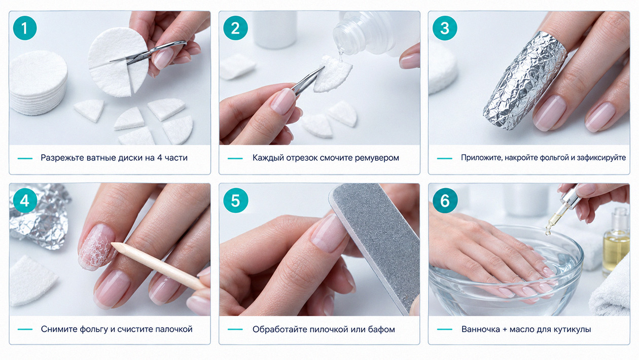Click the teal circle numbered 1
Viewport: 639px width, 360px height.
click(25, 28)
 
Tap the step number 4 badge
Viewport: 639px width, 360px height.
click(25, 201)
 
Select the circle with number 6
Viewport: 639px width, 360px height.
click(445, 201)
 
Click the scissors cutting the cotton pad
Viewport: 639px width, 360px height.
click(148, 53)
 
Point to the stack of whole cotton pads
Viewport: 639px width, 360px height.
click(38, 83)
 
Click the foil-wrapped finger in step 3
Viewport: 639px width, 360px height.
click(525, 81)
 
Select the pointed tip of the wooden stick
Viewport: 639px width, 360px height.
click(112, 244)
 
